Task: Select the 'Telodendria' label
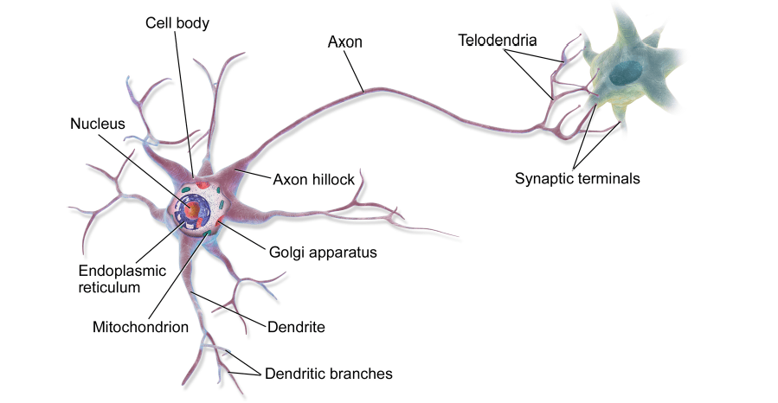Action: click(x=498, y=40)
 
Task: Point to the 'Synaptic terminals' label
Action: click(x=577, y=179)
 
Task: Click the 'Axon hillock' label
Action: click(x=313, y=180)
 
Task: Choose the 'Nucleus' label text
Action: click(x=97, y=125)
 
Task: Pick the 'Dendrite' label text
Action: click(x=296, y=328)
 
